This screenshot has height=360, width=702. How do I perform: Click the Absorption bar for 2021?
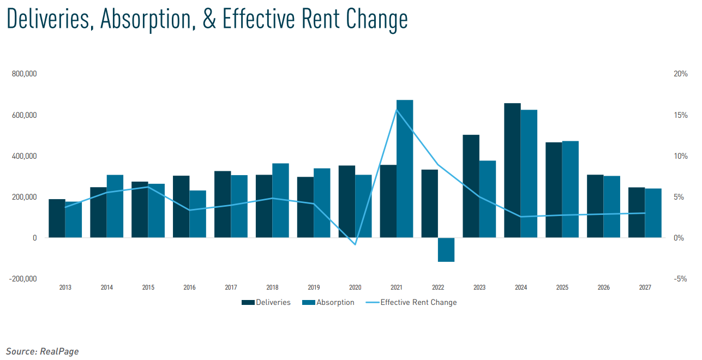[405, 169]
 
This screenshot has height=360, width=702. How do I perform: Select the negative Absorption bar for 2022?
[446, 250]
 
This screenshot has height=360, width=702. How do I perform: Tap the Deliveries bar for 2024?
[512, 170]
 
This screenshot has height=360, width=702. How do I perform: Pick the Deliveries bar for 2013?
[57, 218]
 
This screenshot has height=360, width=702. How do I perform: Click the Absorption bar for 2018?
[280, 201]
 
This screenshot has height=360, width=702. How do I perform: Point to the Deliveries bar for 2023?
[471, 186]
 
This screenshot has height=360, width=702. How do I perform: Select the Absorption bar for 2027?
[653, 213]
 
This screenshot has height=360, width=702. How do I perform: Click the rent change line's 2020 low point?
[355, 244]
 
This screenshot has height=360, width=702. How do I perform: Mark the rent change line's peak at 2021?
[397, 110]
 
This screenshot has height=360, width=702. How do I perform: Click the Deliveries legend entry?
[266, 302]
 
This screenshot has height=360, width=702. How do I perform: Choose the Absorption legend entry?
[328, 302]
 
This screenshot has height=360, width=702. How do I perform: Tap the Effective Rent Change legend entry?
[411, 302]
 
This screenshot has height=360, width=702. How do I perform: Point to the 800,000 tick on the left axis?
[24, 74]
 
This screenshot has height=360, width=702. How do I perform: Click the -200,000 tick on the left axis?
[23, 279]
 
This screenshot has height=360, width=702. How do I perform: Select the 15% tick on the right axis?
[681, 115]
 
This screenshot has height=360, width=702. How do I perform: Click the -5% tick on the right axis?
[680, 279]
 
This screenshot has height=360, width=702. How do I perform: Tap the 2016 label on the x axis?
[190, 287]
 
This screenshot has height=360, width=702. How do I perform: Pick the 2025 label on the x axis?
[562, 287]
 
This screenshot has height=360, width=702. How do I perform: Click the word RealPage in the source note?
[59, 351]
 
